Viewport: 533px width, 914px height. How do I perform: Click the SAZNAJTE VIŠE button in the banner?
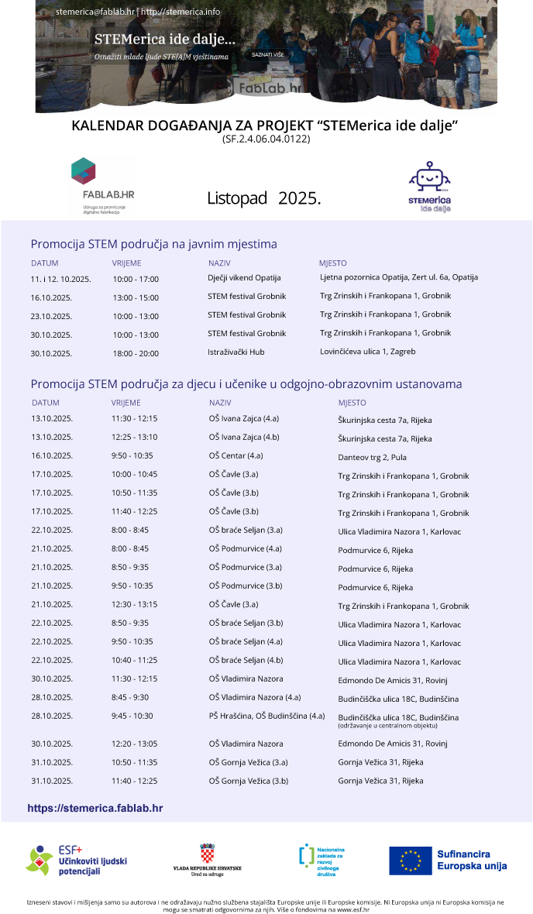(x=267, y=55)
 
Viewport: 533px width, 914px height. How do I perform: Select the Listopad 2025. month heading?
(x=263, y=198)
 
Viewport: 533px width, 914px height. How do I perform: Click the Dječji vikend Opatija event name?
(x=244, y=277)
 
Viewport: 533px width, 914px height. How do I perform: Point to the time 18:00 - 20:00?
(x=136, y=353)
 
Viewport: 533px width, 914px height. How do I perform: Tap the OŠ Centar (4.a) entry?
(x=236, y=455)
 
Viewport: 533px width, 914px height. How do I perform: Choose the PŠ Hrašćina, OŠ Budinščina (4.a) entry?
(x=266, y=716)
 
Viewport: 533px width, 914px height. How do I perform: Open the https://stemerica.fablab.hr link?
(x=95, y=808)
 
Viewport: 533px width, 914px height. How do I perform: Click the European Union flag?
(x=411, y=860)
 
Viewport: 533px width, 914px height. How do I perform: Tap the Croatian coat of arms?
(x=207, y=854)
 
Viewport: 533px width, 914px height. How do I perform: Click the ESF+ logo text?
(x=70, y=850)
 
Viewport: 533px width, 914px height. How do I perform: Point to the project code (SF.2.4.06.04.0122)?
(x=266, y=139)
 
